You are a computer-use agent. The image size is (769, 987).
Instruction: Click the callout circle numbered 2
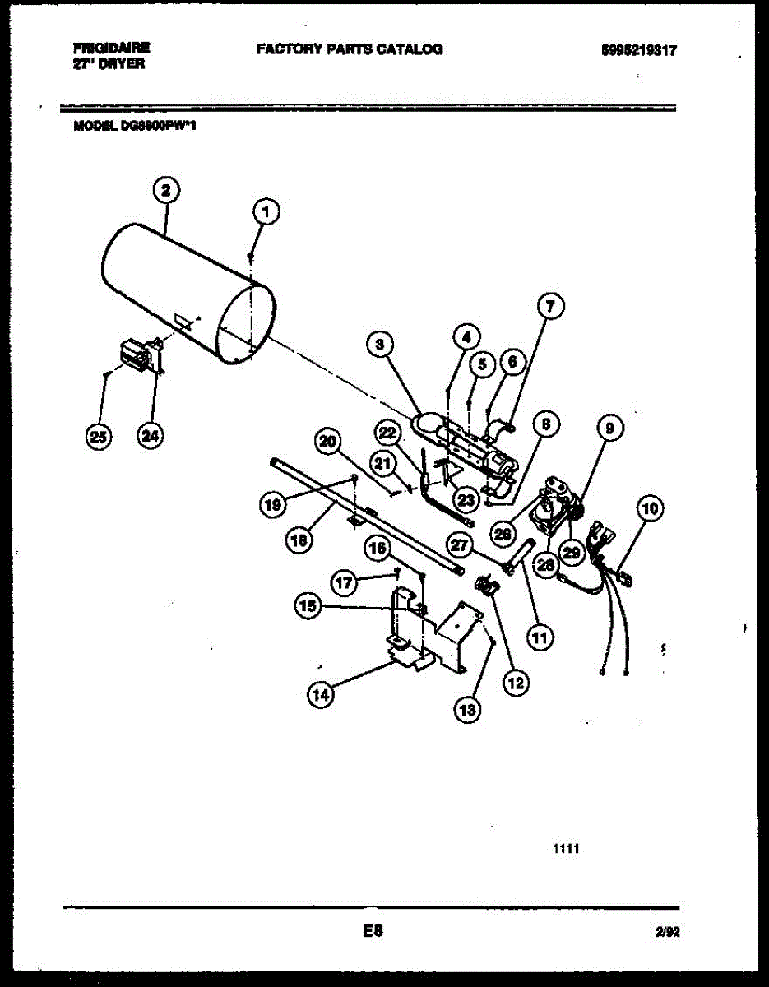coord(166,191)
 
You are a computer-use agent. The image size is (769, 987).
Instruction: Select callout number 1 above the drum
coord(265,212)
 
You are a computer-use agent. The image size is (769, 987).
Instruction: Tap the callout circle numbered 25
coord(100,437)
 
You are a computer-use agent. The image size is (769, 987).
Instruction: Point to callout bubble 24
coord(148,437)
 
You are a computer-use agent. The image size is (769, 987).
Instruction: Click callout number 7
coord(550,307)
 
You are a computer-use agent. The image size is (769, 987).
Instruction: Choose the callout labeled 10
coord(650,509)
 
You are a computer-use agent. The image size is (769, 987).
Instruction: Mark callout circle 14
coord(321,695)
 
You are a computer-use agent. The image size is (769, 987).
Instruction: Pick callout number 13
coord(467,711)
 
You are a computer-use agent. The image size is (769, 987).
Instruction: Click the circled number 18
coord(300,540)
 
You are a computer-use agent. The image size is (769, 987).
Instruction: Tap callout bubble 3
coord(379,345)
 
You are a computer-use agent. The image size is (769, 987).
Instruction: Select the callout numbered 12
coord(517,681)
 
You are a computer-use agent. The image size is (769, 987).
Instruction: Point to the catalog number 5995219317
coord(639,50)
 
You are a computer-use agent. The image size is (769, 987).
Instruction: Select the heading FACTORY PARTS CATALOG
coord(350,49)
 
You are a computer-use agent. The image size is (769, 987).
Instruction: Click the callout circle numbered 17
coord(345,583)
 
